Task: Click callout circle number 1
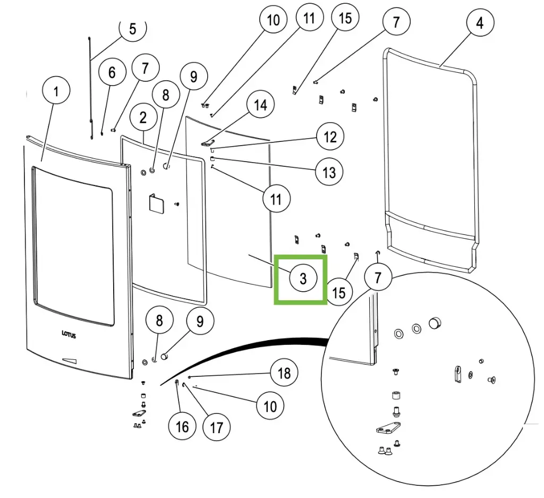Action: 56,91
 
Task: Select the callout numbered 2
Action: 143,118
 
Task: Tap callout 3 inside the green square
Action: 303,278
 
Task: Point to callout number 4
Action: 480,23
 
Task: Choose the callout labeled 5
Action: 133,29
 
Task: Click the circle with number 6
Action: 112,72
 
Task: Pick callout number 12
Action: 330,137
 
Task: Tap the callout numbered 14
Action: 260,105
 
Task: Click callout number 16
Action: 182,426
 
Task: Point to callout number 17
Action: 217,426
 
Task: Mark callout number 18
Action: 284,373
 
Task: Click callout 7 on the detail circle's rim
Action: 378,277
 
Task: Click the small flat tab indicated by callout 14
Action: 208,142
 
